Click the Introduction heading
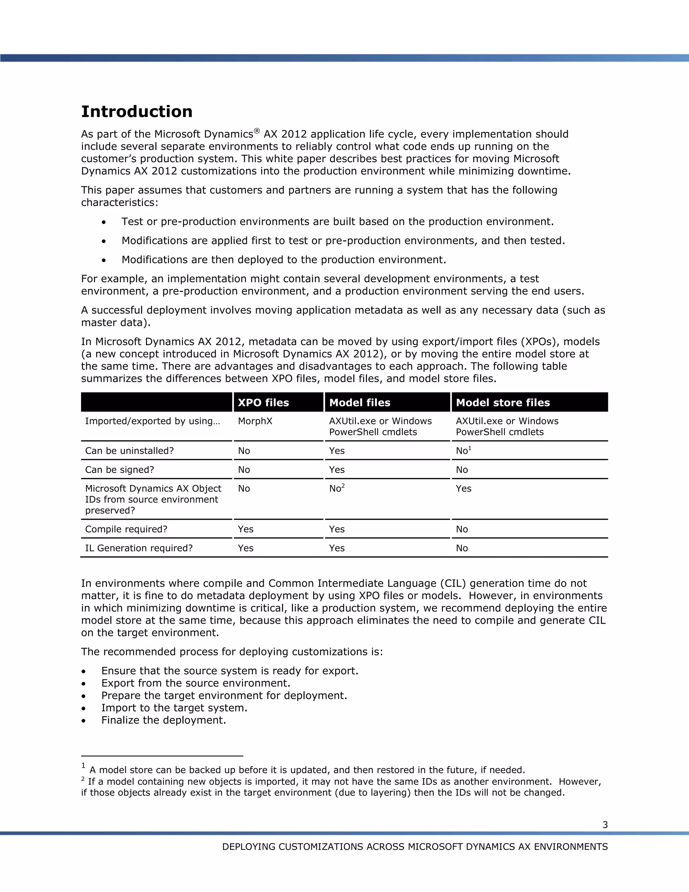click(137, 111)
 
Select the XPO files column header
click(263, 403)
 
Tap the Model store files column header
click(503, 403)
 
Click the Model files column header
click(360, 403)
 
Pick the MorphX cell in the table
click(255, 421)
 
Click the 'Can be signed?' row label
click(119, 470)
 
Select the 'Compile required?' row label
click(126, 529)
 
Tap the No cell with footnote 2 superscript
click(337, 488)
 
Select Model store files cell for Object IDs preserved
click(463, 488)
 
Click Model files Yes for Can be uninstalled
click(337, 451)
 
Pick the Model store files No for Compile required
click(462, 529)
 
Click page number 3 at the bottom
click(605, 825)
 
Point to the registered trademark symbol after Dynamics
click(257, 131)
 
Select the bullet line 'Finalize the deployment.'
click(163, 720)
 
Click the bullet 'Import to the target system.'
click(174, 708)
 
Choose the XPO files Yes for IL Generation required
click(245, 548)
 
